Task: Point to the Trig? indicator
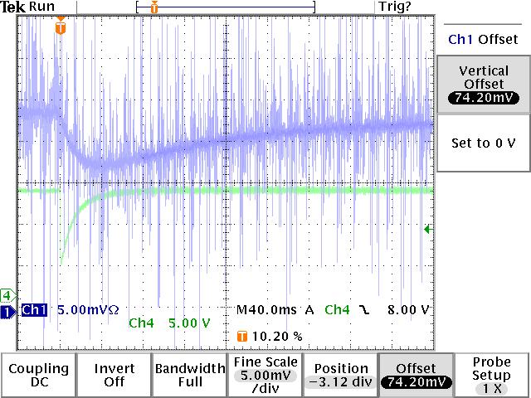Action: point(394,7)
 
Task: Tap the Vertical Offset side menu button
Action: point(483,84)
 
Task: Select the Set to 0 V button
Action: point(483,143)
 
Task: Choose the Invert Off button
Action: point(114,375)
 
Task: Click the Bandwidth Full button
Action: point(190,375)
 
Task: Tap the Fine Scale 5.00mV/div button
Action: point(265,375)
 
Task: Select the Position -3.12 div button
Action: point(341,375)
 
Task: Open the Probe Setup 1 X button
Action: point(492,375)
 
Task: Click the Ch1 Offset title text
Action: point(483,39)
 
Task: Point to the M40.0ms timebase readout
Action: point(268,310)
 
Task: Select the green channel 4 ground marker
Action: point(7,294)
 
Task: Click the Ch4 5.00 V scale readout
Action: point(170,323)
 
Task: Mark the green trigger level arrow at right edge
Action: point(427,230)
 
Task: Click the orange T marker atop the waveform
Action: point(60,27)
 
